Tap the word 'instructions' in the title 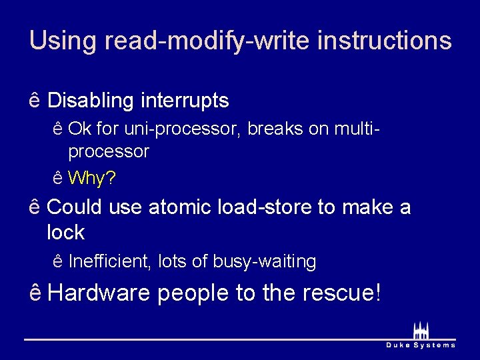click(x=385, y=41)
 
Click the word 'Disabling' click(x=91, y=101)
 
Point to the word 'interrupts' click(x=185, y=101)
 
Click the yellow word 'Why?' click(x=92, y=178)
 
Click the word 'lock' click(x=66, y=233)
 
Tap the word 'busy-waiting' click(x=265, y=262)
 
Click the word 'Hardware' click(x=99, y=293)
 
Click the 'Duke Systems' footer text click(x=421, y=345)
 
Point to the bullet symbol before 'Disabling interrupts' click(x=35, y=101)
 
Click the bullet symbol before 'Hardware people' click(x=35, y=293)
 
